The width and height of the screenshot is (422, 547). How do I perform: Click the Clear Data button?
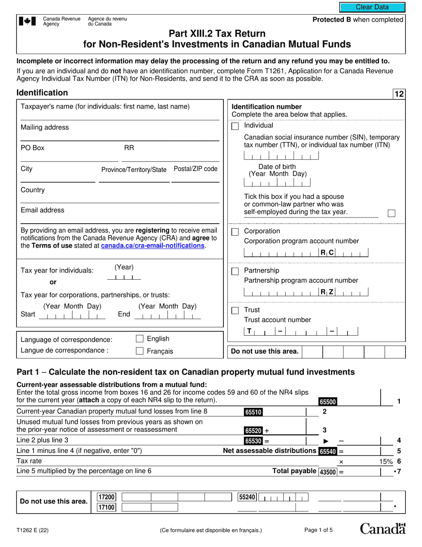(x=372, y=7)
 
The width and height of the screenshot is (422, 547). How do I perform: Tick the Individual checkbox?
(x=235, y=126)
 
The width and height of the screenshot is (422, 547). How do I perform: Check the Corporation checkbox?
(x=235, y=232)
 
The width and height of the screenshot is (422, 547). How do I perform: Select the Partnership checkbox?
(x=235, y=271)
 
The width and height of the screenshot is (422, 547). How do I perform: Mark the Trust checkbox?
(x=235, y=310)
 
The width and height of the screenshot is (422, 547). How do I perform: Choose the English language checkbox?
(x=139, y=339)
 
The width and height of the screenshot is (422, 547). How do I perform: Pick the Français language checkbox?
(x=139, y=351)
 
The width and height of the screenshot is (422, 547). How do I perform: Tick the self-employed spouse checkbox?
(x=391, y=213)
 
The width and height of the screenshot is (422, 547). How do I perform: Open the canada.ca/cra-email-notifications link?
(x=153, y=245)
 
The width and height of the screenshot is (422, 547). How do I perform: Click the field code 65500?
(x=328, y=402)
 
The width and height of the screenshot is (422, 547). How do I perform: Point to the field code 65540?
(x=328, y=451)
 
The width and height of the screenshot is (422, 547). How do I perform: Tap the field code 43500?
(x=328, y=471)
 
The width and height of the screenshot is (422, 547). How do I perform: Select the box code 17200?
(x=107, y=497)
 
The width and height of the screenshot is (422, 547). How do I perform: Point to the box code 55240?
(x=247, y=497)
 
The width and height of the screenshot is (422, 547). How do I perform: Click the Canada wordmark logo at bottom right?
(x=382, y=528)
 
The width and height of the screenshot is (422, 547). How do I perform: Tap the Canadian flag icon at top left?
(x=28, y=21)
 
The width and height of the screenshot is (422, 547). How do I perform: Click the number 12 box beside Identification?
(x=399, y=94)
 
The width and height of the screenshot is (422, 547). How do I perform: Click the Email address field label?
(x=43, y=210)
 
